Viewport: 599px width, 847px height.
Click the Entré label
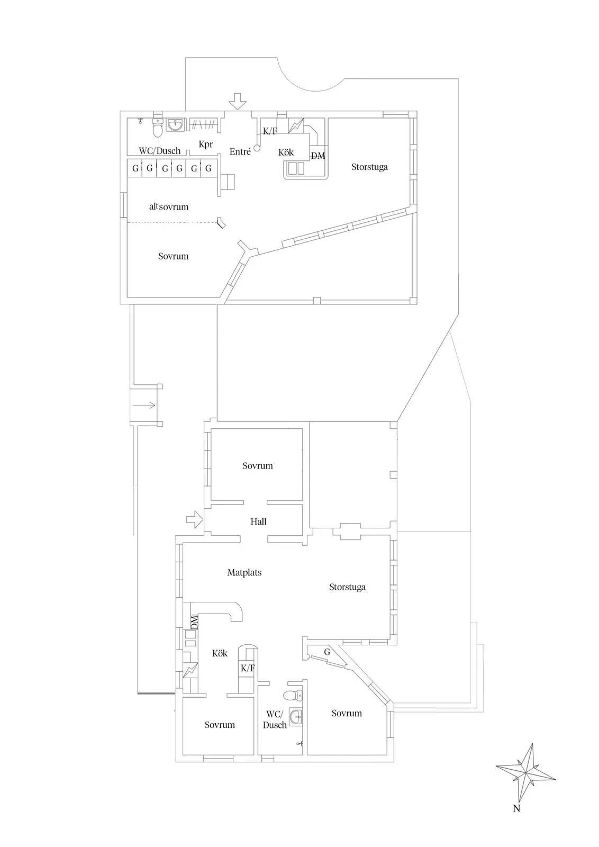[x=240, y=151]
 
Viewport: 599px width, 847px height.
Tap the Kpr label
[x=206, y=144]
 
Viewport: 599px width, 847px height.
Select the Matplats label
[x=244, y=572]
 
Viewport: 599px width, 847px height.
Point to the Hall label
[x=258, y=521]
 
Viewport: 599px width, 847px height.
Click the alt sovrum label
[x=169, y=206]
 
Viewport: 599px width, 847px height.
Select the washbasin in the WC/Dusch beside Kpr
[x=175, y=124]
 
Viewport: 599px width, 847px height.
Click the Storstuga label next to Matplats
[x=347, y=587]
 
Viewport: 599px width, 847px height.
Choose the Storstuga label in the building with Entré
[x=369, y=167]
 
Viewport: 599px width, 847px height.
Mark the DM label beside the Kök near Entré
[x=318, y=156]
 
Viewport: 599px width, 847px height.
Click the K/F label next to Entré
[x=270, y=131]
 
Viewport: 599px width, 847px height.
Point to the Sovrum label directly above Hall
[x=257, y=465]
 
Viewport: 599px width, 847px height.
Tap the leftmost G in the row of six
[x=135, y=168]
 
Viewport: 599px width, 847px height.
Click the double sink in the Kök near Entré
[x=296, y=168]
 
